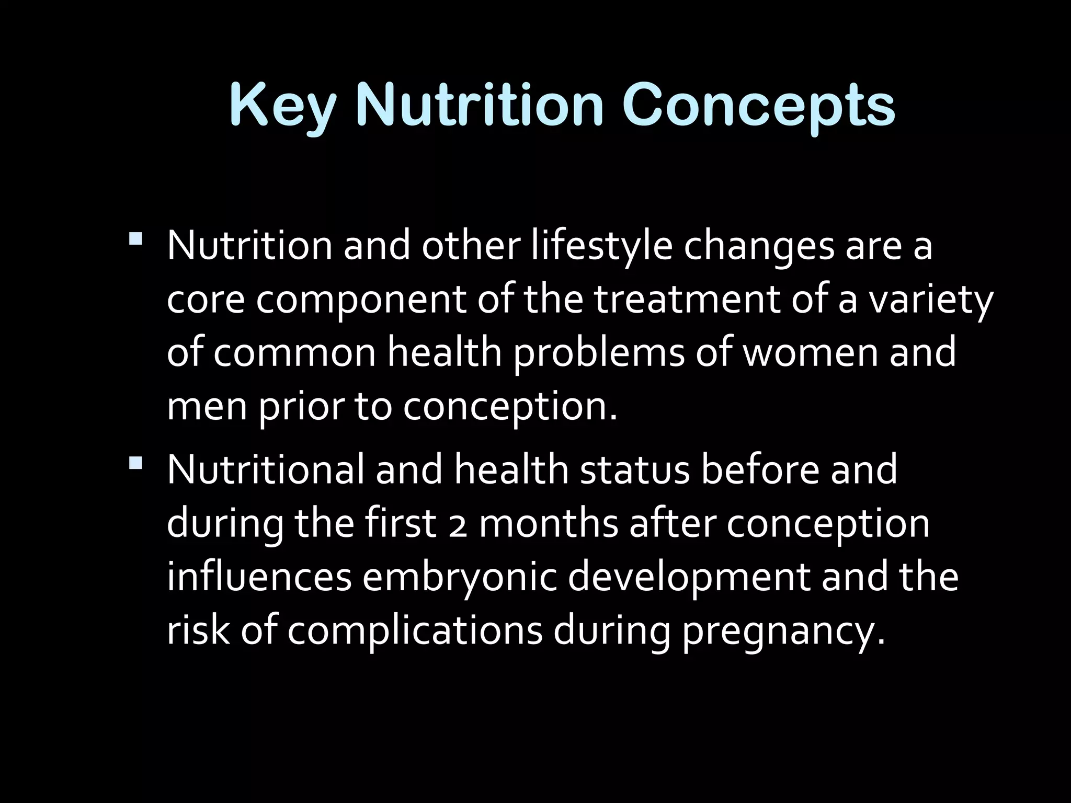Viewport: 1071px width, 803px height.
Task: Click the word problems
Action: pyautogui.click(x=598, y=353)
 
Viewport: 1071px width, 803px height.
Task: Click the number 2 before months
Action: pyautogui.click(x=459, y=525)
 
